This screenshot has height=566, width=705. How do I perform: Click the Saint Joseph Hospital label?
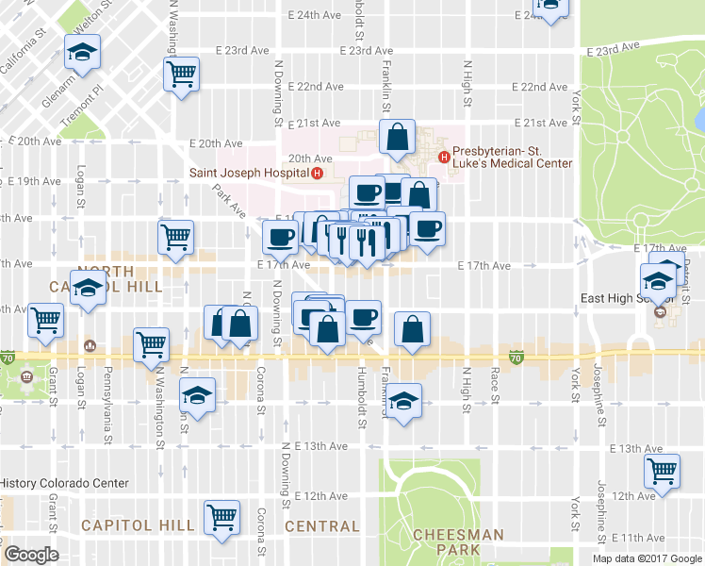(x=249, y=173)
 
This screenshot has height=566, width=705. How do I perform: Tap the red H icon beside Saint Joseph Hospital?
(x=318, y=173)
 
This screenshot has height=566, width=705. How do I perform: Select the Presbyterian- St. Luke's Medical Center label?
(x=512, y=157)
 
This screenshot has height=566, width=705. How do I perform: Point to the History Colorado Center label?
(x=63, y=483)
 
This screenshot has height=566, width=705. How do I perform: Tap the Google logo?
(x=31, y=555)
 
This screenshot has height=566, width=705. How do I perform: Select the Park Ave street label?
(x=222, y=197)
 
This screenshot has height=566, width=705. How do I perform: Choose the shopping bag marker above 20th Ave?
(x=397, y=138)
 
